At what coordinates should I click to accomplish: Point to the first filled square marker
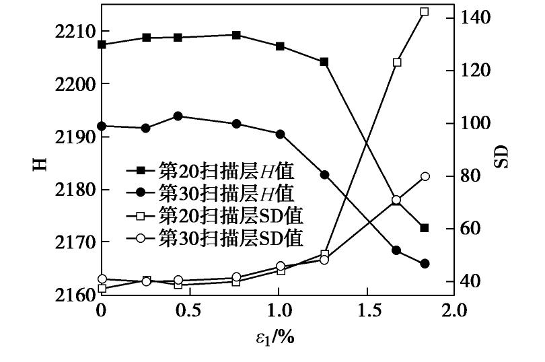coord(102,44)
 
